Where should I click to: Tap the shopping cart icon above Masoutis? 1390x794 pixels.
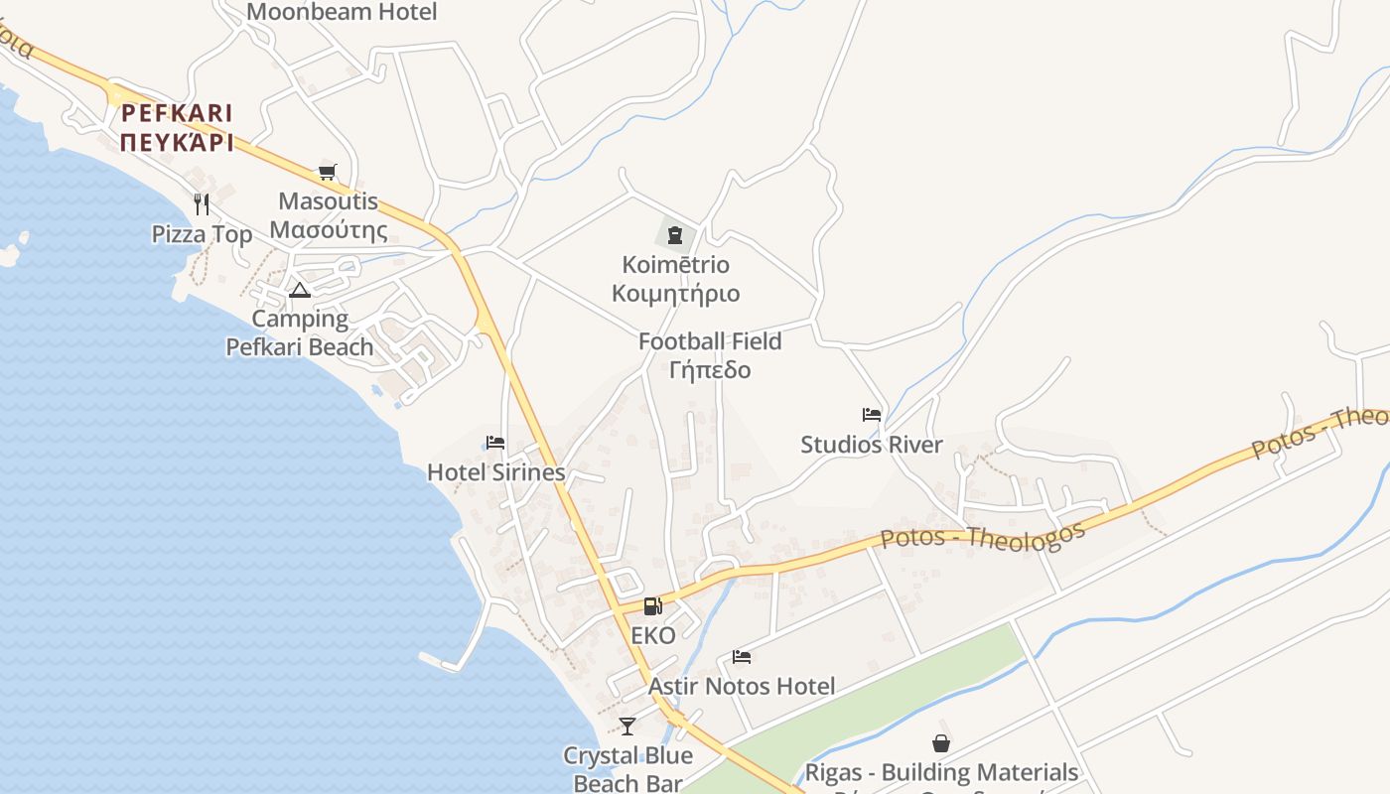pyautogui.click(x=328, y=173)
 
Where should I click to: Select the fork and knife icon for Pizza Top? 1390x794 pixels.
pyautogui.click(x=202, y=204)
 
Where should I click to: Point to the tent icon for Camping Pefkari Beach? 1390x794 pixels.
pyautogui.click(x=299, y=291)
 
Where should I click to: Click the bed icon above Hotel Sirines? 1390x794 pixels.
pyautogui.click(x=495, y=443)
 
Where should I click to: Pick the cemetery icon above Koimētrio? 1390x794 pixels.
pyautogui.click(x=675, y=235)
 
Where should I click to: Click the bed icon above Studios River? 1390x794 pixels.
pyautogui.click(x=872, y=415)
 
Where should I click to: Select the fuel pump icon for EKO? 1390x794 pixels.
pyautogui.click(x=652, y=606)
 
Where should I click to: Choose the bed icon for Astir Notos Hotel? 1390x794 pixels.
pyautogui.click(x=742, y=656)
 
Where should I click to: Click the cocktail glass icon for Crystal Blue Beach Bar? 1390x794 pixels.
pyautogui.click(x=626, y=727)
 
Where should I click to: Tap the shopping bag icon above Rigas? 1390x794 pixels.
pyautogui.click(x=940, y=743)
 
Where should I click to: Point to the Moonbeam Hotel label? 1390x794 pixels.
pyautogui.click(x=342, y=12)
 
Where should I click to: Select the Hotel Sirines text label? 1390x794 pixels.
pyautogui.click(x=495, y=472)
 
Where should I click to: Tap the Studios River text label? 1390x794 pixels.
pyautogui.click(x=872, y=445)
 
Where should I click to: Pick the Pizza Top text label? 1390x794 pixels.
pyautogui.click(x=202, y=234)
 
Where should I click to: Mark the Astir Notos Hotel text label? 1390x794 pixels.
pyautogui.click(x=742, y=686)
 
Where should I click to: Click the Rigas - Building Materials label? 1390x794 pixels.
pyautogui.click(x=940, y=772)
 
